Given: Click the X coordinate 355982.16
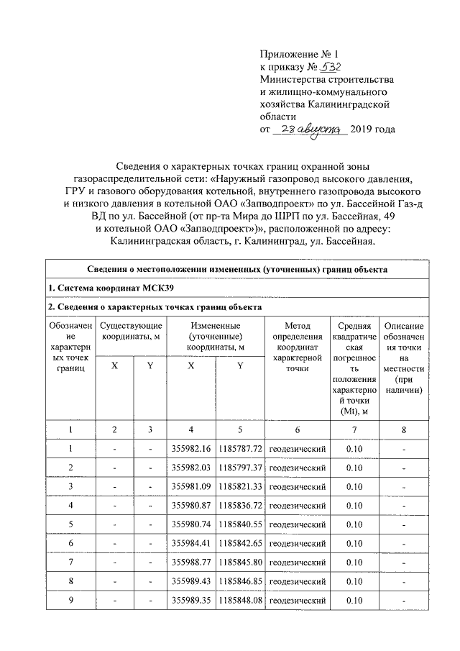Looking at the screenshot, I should (x=192, y=449).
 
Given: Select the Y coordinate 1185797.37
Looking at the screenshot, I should (x=240, y=468).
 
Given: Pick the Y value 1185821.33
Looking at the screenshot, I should (x=240, y=487).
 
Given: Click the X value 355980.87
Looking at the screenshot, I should (x=192, y=506).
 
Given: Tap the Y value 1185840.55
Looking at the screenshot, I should (x=240, y=524).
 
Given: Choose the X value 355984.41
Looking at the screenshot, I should (x=192, y=543).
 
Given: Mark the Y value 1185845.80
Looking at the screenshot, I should (x=240, y=563).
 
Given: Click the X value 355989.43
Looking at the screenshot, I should (x=192, y=581).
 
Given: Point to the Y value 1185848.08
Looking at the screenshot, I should (x=240, y=600).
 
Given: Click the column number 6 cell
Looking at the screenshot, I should (x=297, y=429).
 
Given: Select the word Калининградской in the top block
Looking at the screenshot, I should (x=353, y=104).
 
